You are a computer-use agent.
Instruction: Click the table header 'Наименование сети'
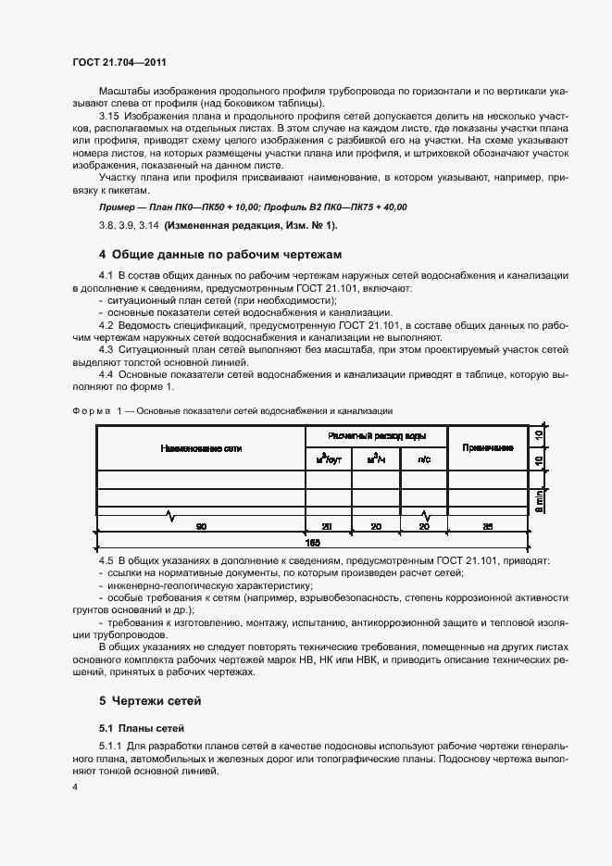[x=201, y=448]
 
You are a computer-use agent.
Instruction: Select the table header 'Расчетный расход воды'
[x=376, y=435]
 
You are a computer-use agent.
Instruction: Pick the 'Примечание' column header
[x=487, y=448]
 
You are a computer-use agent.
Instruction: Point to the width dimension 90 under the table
[x=200, y=526]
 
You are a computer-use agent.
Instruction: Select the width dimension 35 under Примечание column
[x=487, y=526]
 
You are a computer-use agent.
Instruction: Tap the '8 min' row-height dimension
[x=539, y=500]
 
